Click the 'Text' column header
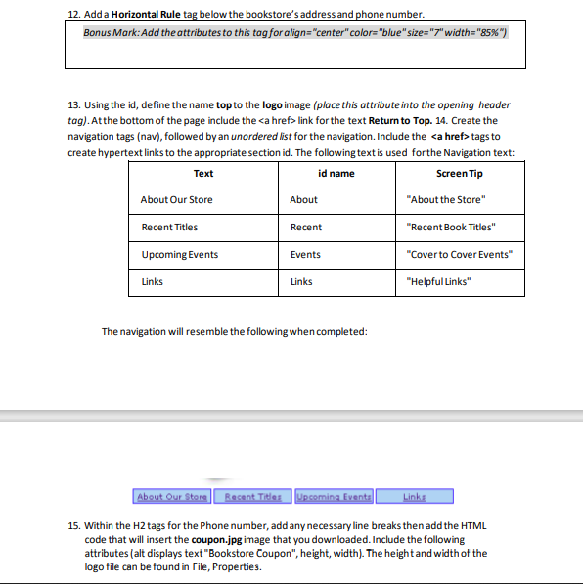(202, 174)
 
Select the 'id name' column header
(336, 174)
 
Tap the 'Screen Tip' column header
(460, 174)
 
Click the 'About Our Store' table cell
(177, 200)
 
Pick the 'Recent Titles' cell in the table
(169, 228)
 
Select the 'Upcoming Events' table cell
(179, 255)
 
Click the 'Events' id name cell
(305, 255)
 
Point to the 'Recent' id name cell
(306, 228)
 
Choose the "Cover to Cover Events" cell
(459, 255)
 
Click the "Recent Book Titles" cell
(451, 228)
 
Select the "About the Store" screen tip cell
(445, 200)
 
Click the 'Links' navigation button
(414, 497)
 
